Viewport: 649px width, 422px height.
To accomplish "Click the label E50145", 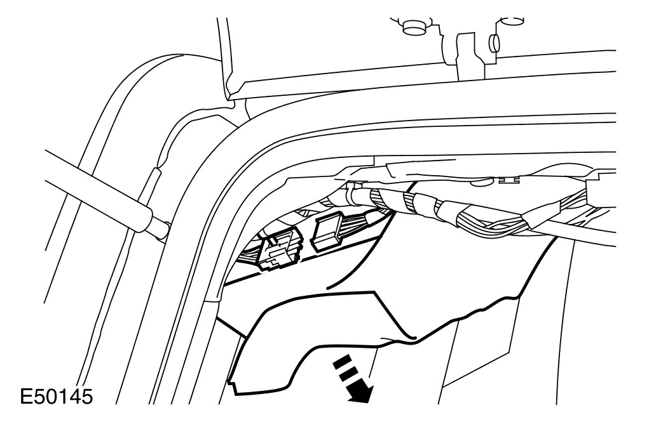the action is (57, 397).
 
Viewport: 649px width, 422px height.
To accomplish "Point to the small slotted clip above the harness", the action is (507, 180).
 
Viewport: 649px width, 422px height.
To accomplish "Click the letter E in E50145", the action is (27, 397).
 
